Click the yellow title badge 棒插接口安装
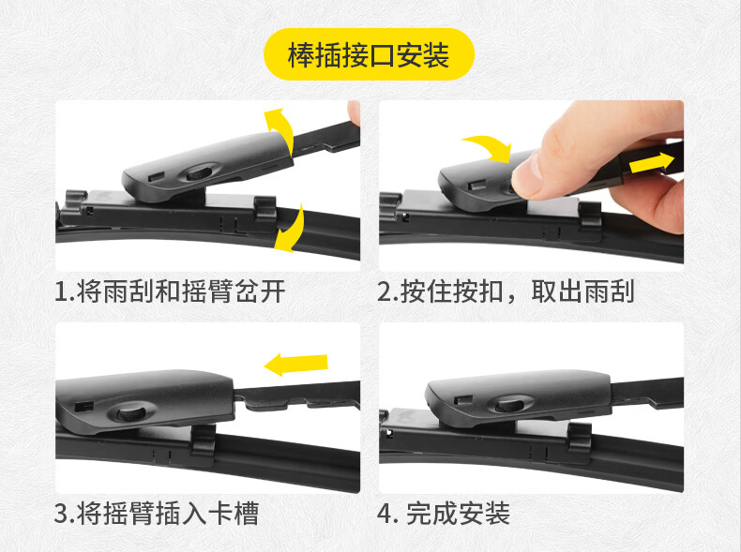[x=369, y=54]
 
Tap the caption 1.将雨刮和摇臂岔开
[x=170, y=291]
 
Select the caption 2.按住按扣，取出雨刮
[x=506, y=291]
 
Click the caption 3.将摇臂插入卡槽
[x=157, y=514]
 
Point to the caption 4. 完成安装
[x=444, y=514]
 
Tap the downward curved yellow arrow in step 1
[x=291, y=229]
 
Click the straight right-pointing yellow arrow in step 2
[x=651, y=162]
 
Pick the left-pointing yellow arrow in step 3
[x=295, y=365]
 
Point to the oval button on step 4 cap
[x=510, y=405]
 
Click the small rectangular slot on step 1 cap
[x=156, y=177]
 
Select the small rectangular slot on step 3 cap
[x=83, y=406]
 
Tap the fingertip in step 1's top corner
[x=354, y=112]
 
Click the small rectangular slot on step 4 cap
[x=462, y=401]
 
